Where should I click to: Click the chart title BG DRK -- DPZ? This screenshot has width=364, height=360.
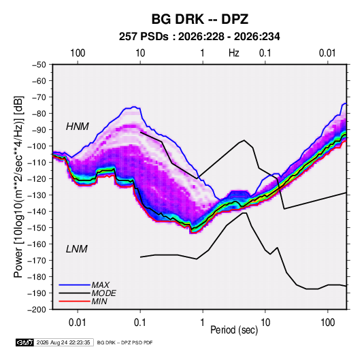pos(200,19)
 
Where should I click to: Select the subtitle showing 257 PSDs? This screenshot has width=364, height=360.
pos(199,37)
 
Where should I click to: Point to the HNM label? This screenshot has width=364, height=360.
pos(78,127)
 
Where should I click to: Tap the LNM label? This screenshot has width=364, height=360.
pos(77,249)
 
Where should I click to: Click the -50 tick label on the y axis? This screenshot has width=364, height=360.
pos(39,65)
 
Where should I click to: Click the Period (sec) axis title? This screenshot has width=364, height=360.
pos(234,330)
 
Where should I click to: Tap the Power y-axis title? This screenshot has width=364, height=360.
pos(18,187)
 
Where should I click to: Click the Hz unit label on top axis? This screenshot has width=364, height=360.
pos(234,53)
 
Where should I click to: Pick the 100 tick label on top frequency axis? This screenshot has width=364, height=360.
pos(78,53)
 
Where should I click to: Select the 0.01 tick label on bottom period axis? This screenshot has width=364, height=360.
pos(78,323)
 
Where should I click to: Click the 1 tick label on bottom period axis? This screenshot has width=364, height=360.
pos(203,323)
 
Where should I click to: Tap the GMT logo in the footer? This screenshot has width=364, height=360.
pos(25,342)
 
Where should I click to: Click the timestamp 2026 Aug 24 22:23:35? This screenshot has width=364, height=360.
pos(63,342)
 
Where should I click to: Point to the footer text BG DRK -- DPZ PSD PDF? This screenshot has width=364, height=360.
pos(125,342)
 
